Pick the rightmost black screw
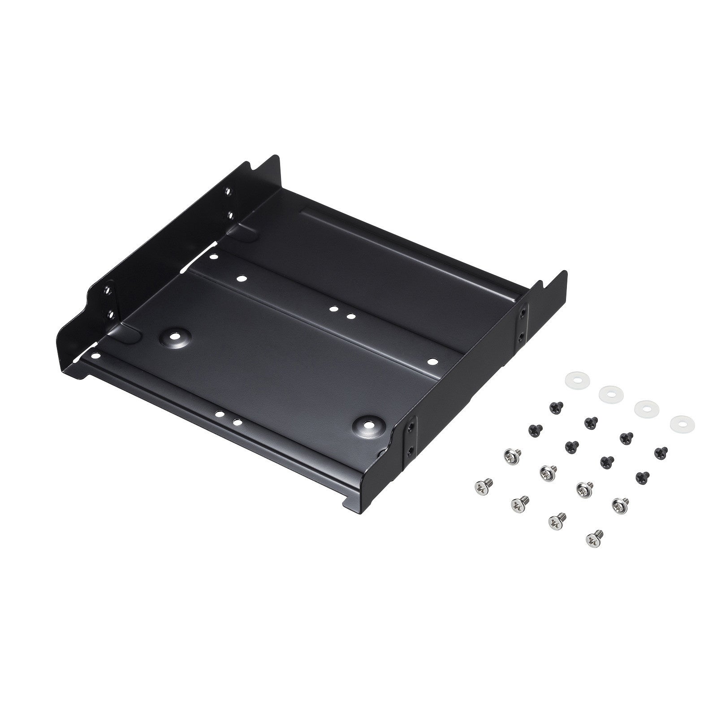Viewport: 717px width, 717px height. point(661,452)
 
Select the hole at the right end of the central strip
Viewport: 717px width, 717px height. point(432,361)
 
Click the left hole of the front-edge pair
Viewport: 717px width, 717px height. point(220,415)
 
